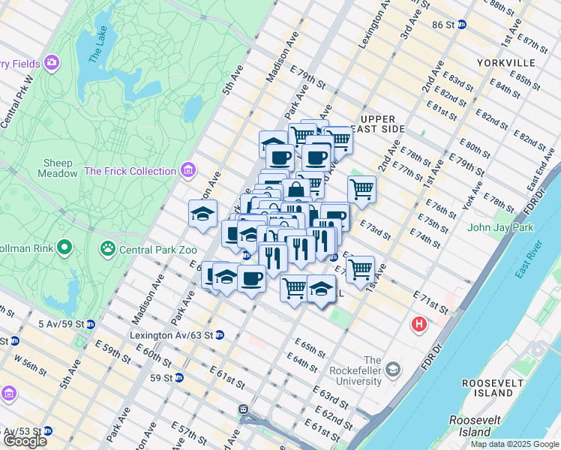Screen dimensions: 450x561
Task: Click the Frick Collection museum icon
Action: click(187, 170)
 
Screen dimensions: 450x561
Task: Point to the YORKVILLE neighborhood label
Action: click(508, 63)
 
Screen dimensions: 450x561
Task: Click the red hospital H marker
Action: click(418, 325)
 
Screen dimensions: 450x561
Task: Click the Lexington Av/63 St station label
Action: click(171, 335)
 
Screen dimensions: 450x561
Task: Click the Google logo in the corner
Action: click(25, 441)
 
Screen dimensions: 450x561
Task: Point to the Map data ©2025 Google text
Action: click(514, 444)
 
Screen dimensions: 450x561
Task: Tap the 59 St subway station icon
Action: click(178, 378)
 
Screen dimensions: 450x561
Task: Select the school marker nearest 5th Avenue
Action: click(202, 214)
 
